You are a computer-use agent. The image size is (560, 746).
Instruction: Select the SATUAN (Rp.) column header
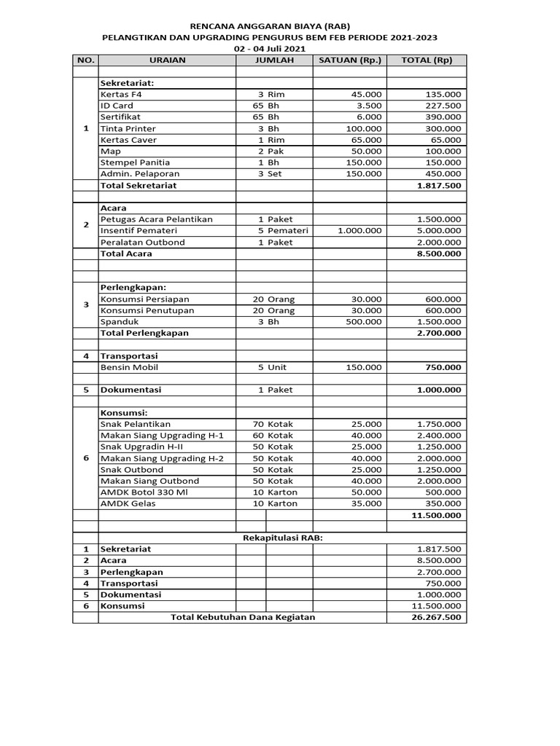349,60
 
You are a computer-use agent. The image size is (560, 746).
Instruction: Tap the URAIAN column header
167,60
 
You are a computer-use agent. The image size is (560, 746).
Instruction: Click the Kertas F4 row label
121,94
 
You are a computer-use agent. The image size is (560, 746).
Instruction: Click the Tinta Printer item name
128,128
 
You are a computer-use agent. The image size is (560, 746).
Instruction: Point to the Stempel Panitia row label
135,162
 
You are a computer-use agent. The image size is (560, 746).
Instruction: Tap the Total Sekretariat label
138,185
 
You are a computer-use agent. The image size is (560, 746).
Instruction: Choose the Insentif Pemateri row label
136,231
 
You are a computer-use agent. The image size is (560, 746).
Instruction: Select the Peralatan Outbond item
142,242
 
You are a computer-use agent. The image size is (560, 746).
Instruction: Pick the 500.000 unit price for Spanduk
364,321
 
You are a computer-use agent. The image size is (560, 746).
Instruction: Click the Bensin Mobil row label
130,367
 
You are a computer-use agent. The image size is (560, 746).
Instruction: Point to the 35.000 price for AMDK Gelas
366,503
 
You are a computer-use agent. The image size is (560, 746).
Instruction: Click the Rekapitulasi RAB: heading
281,538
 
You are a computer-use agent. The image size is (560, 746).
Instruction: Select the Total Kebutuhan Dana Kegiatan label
242,617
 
